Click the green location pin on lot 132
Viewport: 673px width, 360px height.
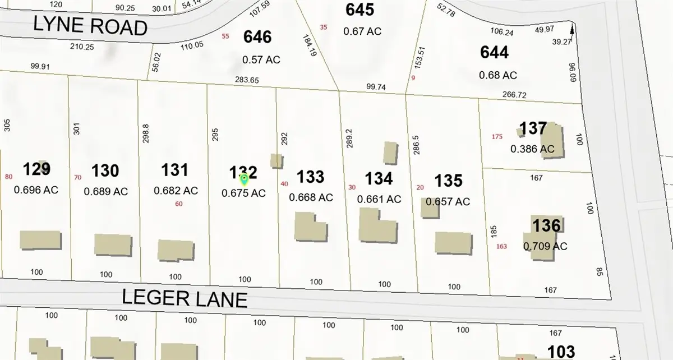point(244,179)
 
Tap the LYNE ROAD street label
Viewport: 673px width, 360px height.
point(90,26)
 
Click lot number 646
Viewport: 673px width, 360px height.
point(257,38)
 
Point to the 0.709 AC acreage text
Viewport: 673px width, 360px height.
point(545,246)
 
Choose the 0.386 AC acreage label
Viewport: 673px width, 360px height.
point(532,149)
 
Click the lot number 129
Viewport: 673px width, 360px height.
point(37,169)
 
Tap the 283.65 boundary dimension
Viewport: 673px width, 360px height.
point(247,80)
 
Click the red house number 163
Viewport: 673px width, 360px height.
point(501,246)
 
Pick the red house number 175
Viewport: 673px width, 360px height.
point(497,137)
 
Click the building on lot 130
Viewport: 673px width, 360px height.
point(113,245)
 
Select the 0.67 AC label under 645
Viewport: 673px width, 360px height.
point(362,31)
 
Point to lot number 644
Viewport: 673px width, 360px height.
point(495,52)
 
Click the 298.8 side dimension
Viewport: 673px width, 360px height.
point(146,133)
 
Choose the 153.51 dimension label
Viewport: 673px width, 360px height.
point(417,58)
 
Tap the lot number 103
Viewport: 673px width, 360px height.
point(560,352)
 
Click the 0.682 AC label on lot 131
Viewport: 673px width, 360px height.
point(176,191)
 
